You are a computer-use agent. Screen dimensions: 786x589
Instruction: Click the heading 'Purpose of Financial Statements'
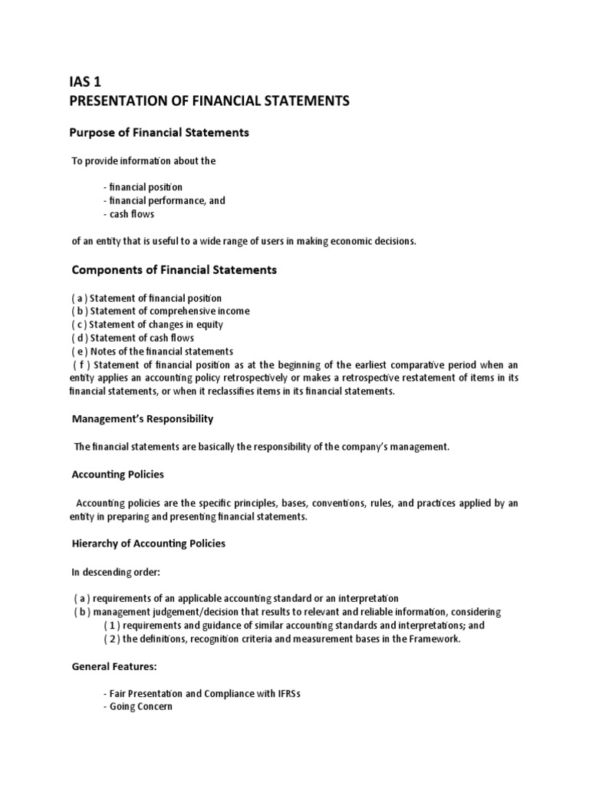point(160,133)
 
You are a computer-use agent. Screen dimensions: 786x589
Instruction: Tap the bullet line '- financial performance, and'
point(164,200)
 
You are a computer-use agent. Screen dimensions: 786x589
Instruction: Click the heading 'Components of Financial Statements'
point(174,270)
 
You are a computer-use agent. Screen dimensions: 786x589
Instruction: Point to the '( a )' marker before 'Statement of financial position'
point(80,298)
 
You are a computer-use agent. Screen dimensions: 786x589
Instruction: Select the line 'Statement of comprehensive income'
point(170,312)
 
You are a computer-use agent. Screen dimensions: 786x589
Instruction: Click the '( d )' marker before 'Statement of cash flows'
point(80,339)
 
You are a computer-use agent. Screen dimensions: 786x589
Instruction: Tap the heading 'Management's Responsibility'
point(143,419)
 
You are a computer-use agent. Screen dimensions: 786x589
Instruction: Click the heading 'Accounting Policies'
point(117,474)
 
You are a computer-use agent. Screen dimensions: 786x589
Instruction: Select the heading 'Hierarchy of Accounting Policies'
point(149,543)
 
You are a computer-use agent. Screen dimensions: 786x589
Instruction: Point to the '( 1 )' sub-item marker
point(112,626)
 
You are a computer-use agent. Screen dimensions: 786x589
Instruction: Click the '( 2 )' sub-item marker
point(112,639)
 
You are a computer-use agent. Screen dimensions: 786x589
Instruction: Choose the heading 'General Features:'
point(114,667)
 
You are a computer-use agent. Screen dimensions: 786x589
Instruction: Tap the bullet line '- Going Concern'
point(138,707)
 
